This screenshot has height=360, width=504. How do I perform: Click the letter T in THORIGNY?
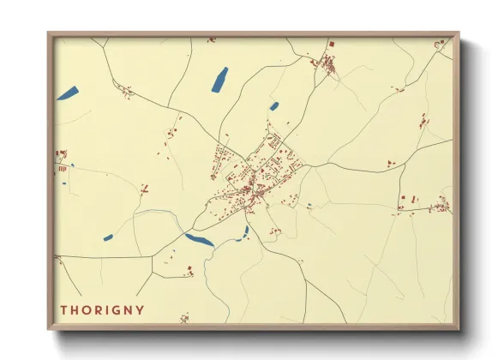64,309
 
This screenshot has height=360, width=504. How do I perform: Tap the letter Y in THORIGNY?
140,309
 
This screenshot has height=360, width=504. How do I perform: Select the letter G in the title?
115,309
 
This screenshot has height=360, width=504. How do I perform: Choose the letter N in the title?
128,309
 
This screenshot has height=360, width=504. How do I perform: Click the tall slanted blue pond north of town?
219,79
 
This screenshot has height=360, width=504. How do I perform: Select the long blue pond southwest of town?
200,241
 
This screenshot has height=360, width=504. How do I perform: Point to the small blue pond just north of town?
274,106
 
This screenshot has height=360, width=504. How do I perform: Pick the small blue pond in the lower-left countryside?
108,237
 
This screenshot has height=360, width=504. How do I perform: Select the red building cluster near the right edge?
441,205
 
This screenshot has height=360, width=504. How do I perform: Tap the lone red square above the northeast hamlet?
331,43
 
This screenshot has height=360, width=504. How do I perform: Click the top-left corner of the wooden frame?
48,33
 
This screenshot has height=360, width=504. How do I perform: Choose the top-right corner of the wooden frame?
459,33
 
